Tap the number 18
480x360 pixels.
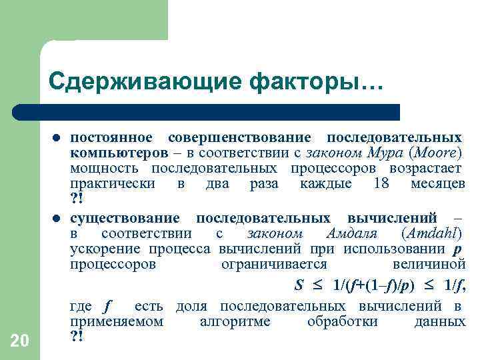381,183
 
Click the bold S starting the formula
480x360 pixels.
299,285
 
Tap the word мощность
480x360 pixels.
104,167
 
